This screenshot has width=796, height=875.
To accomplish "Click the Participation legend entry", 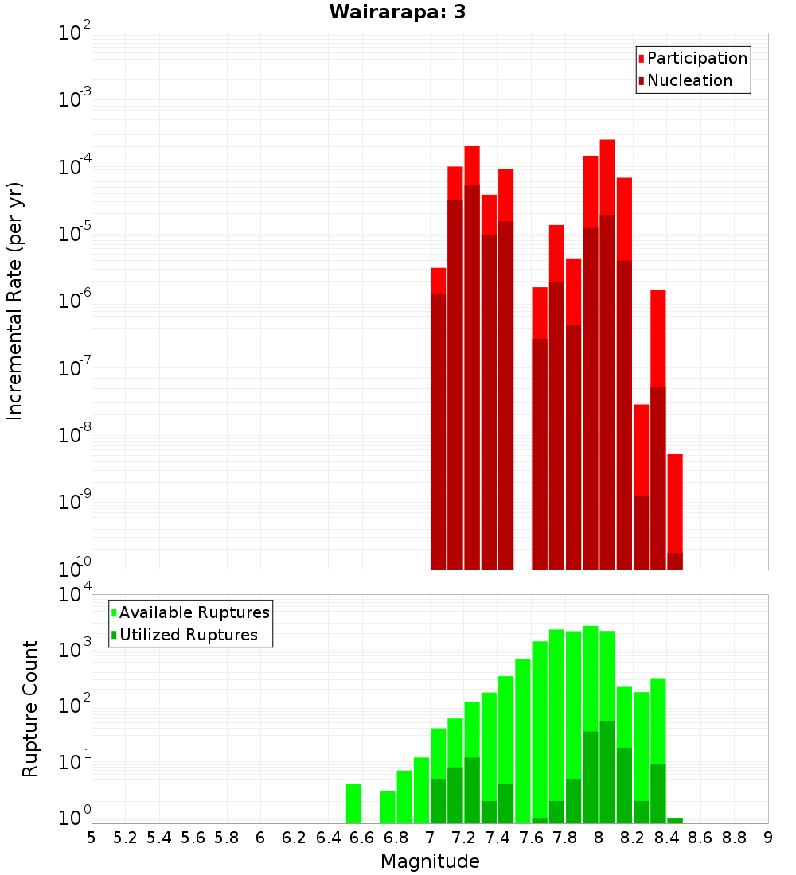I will pyautogui.click(x=696, y=58).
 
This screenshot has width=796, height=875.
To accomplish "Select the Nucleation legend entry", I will pyautogui.click(x=689, y=80).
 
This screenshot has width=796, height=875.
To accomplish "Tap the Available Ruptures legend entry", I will pyautogui.click(x=193, y=612).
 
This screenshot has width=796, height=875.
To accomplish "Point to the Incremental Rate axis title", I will pyautogui.click(x=15, y=301).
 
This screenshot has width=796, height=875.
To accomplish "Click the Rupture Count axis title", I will pyautogui.click(x=30, y=709).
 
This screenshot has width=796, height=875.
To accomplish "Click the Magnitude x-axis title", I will pyautogui.click(x=430, y=861).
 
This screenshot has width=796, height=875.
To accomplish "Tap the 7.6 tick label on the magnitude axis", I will pyautogui.click(x=531, y=838).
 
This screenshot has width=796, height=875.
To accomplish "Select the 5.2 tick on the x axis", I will pyautogui.click(x=125, y=838).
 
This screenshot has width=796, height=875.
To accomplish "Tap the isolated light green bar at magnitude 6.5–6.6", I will pyautogui.click(x=353, y=803).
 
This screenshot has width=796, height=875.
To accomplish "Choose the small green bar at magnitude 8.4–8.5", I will pyautogui.click(x=675, y=820).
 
